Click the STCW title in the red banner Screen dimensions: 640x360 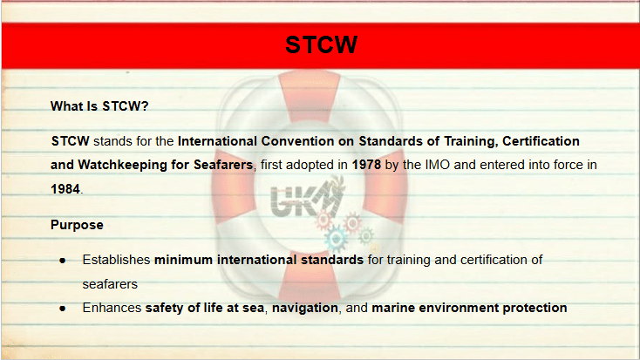[321, 44]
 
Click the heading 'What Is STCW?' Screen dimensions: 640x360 [99, 106]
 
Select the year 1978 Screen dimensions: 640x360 [366, 165]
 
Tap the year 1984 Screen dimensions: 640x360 [65, 189]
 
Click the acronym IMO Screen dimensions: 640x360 [438, 165]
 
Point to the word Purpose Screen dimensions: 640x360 [77, 225]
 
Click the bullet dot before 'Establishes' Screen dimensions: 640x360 [63, 261]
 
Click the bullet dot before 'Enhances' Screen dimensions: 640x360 [63, 309]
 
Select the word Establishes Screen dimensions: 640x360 [116, 260]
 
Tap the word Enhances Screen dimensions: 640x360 [112, 308]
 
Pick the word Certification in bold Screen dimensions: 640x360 [541, 141]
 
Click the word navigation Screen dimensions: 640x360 [305, 308]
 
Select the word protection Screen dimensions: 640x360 [534, 308]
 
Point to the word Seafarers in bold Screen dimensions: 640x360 [223, 165]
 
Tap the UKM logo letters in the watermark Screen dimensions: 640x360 [305, 198]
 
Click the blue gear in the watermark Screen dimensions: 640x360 [337, 239]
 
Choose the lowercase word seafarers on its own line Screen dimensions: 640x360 [110, 284]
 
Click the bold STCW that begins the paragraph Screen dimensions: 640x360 [71, 141]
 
